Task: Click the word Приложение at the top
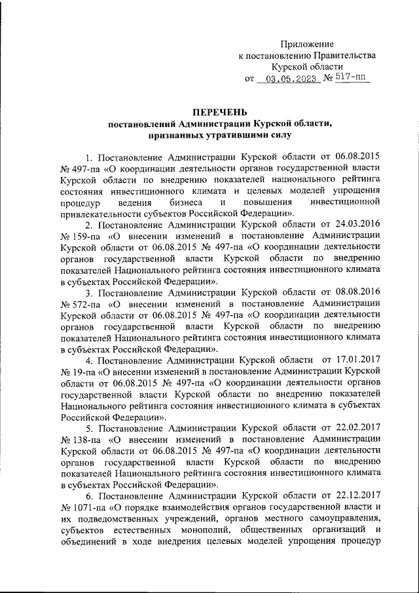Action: click(307, 44)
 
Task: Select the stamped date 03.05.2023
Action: click(289, 79)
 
